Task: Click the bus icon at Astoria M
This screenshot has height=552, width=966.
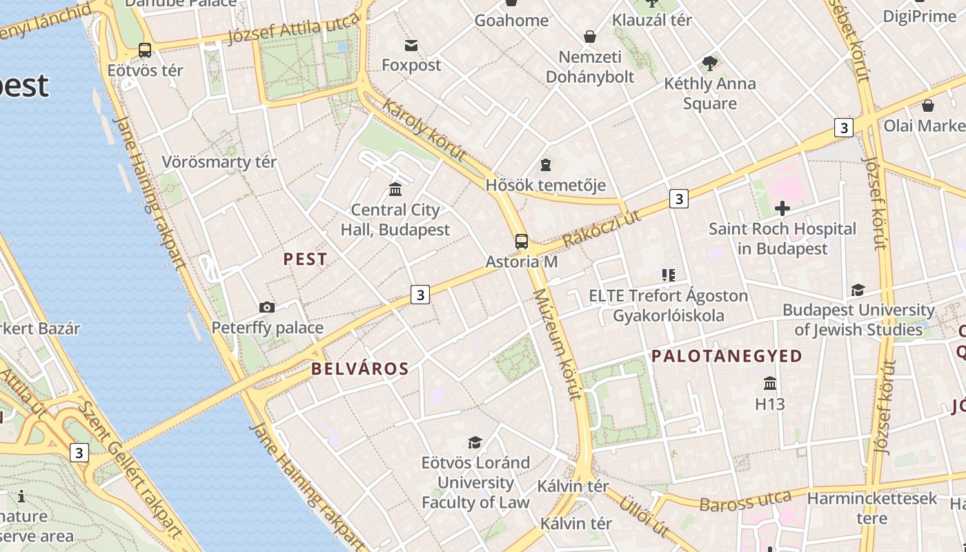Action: point(522,241)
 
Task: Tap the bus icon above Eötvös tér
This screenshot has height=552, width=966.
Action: point(145,50)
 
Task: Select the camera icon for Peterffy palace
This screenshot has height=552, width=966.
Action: point(267,307)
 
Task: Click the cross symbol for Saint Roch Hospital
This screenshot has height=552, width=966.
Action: point(782,208)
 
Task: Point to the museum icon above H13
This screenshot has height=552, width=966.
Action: point(770,383)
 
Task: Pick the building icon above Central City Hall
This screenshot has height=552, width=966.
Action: point(395,189)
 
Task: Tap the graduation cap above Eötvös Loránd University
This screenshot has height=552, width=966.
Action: point(475,442)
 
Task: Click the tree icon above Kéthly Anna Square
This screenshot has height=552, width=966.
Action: point(709,64)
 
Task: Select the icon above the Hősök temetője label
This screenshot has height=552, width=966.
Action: point(546,165)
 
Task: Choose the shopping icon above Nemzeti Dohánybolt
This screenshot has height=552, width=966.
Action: point(590,37)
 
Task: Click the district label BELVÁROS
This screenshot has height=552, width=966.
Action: point(360,368)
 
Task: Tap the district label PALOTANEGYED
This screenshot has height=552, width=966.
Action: point(727,356)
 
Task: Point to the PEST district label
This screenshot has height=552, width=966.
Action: point(306,259)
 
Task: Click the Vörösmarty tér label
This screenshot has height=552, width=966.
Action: point(219,162)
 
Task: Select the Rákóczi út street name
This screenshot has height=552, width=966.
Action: point(602,228)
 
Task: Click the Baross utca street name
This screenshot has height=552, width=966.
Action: point(745,501)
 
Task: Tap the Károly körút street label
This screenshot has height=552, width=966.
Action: point(424,130)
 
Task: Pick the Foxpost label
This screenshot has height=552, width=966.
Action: point(411,65)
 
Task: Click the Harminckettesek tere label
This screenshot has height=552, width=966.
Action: point(872,508)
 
